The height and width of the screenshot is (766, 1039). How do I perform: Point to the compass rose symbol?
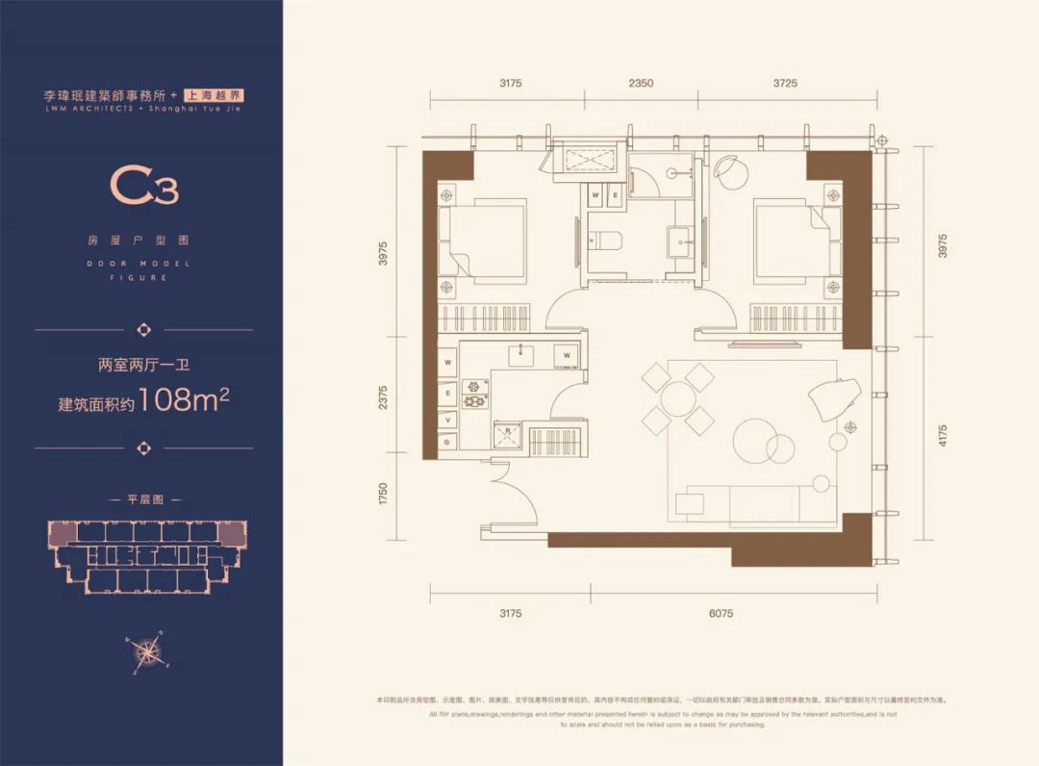pyautogui.click(x=145, y=651)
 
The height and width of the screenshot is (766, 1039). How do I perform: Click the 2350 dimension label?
pyautogui.click(x=641, y=84)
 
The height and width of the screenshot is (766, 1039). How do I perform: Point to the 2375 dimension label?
pyautogui.click(x=382, y=397)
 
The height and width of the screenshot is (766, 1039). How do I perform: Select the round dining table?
pyautogui.click(x=678, y=396)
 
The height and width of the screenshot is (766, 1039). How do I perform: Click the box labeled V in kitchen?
pyautogui.click(x=448, y=419)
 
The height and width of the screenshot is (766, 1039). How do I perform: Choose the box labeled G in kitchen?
pyautogui.click(x=448, y=441)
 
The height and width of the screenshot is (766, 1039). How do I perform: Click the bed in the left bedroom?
pyautogui.click(x=483, y=241)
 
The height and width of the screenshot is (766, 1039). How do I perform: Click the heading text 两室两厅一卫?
pyautogui.click(x=143, y=365)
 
